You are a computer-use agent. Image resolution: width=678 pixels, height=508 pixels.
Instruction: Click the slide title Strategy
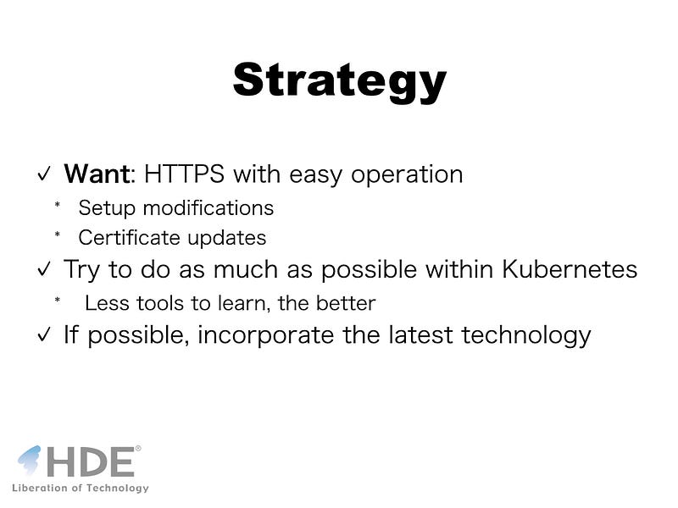340,82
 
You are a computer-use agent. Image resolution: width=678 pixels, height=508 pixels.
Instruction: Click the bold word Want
97,174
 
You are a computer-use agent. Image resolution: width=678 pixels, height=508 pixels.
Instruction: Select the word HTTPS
184,174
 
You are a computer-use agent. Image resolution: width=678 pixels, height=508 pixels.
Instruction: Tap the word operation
407,175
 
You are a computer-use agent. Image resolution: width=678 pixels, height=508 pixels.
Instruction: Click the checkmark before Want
44,174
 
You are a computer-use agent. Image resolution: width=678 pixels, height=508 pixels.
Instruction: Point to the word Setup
107,208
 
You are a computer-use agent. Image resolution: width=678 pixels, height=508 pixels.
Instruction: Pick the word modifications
208,207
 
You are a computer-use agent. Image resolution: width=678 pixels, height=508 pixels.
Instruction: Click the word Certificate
129,238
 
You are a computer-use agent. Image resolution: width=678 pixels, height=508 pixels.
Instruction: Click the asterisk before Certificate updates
57,235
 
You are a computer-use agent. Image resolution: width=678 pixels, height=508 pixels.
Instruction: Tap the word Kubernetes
570,269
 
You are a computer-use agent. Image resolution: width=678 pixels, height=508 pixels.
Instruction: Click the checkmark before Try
44,269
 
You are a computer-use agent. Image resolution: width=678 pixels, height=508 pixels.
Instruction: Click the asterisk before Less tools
57,300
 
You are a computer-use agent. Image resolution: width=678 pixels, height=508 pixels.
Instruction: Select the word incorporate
265,335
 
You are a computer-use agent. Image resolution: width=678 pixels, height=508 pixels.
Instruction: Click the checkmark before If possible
44,334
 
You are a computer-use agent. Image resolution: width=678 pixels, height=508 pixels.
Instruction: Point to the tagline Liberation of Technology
81,489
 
